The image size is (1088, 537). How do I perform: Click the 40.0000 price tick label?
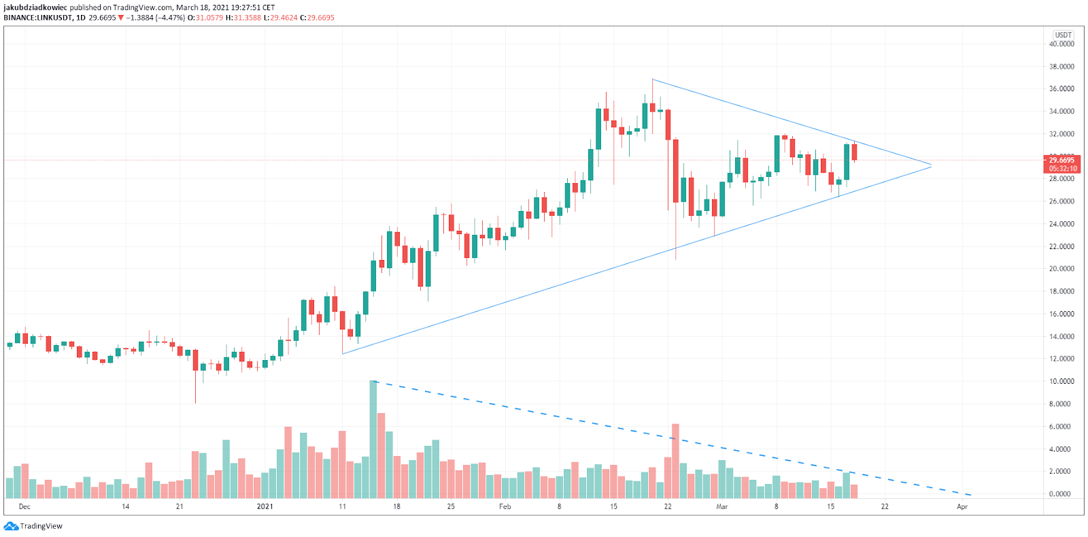tap(1061, 44)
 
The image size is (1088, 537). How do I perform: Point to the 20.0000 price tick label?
tap(1061, 269)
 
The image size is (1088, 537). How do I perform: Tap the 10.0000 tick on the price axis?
tap(1061, 381)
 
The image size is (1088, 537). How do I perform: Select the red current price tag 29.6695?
tap(1061, 161)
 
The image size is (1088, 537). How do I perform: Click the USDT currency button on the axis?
tap(1063, 35)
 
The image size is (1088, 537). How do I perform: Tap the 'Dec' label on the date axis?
tap(24, 506)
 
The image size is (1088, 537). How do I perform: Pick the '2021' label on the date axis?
tap(265, 506)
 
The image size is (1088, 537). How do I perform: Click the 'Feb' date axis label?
tap(505, 506)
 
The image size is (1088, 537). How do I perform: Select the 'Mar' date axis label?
tap(721, 506)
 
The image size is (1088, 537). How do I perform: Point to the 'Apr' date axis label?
tap(962, 506)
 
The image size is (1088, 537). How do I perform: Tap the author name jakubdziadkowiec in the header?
tap(35, 7)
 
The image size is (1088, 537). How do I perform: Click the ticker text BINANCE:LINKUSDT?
tap(37, 18)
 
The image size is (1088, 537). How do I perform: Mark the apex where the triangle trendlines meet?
tap(931, 165)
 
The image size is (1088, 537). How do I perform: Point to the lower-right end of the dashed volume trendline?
tap(970, 495)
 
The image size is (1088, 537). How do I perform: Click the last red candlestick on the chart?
tap(854, 152)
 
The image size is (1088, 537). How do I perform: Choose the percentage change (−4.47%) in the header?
tap(170, 18)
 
